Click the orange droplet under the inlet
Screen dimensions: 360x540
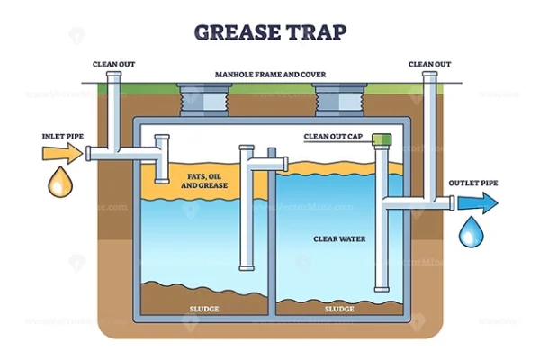60,184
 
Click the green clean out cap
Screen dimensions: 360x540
383,140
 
